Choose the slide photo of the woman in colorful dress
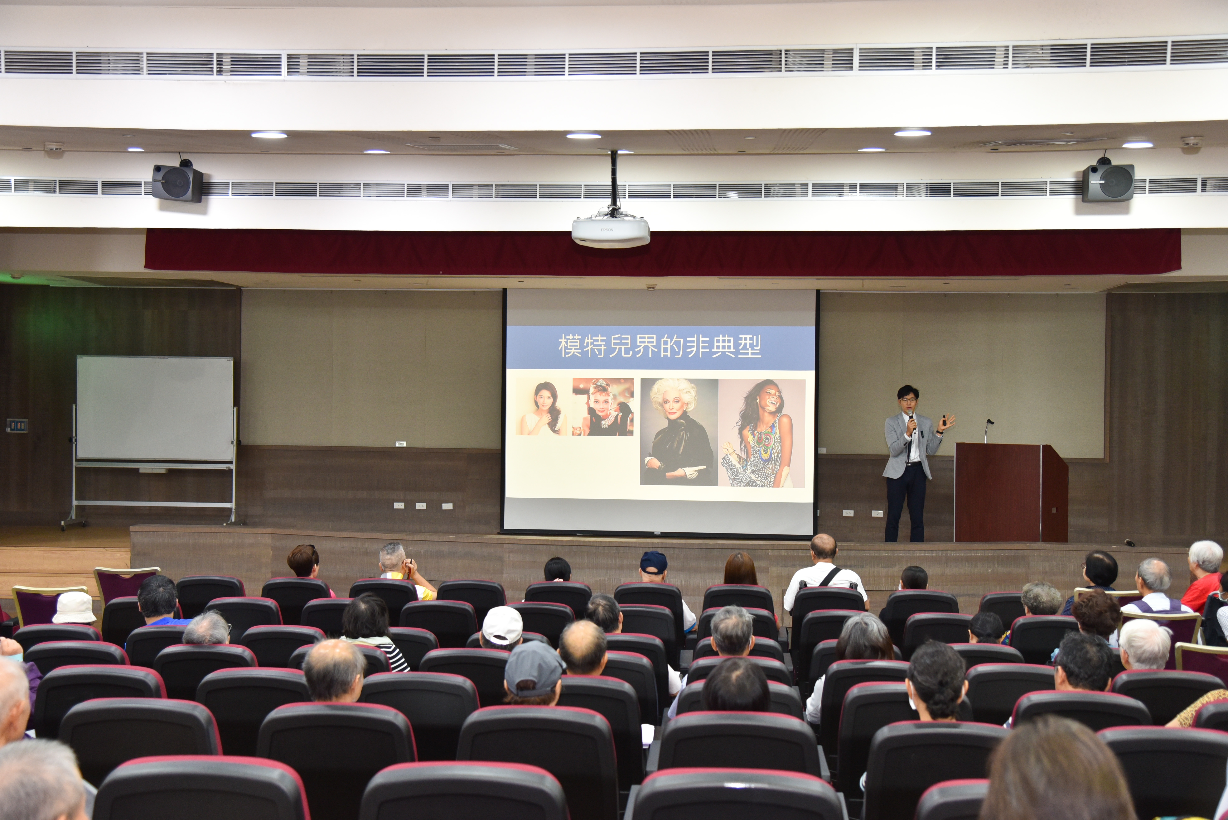(x=762, y=433)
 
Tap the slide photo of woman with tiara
(x=603, y=407)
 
